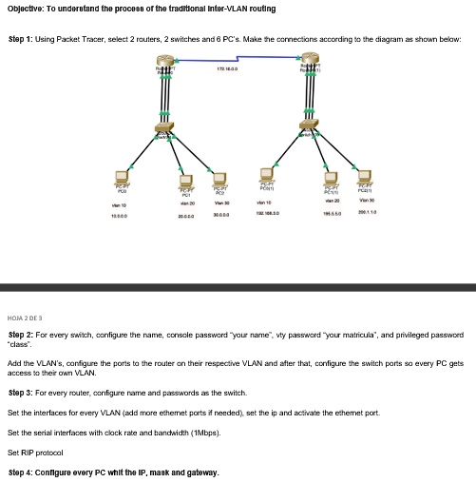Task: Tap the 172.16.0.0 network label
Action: tap(228, 67)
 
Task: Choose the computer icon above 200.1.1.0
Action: tap(365, 177)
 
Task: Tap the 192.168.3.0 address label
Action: tap(266, 215)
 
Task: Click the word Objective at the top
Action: tap(29, 9)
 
